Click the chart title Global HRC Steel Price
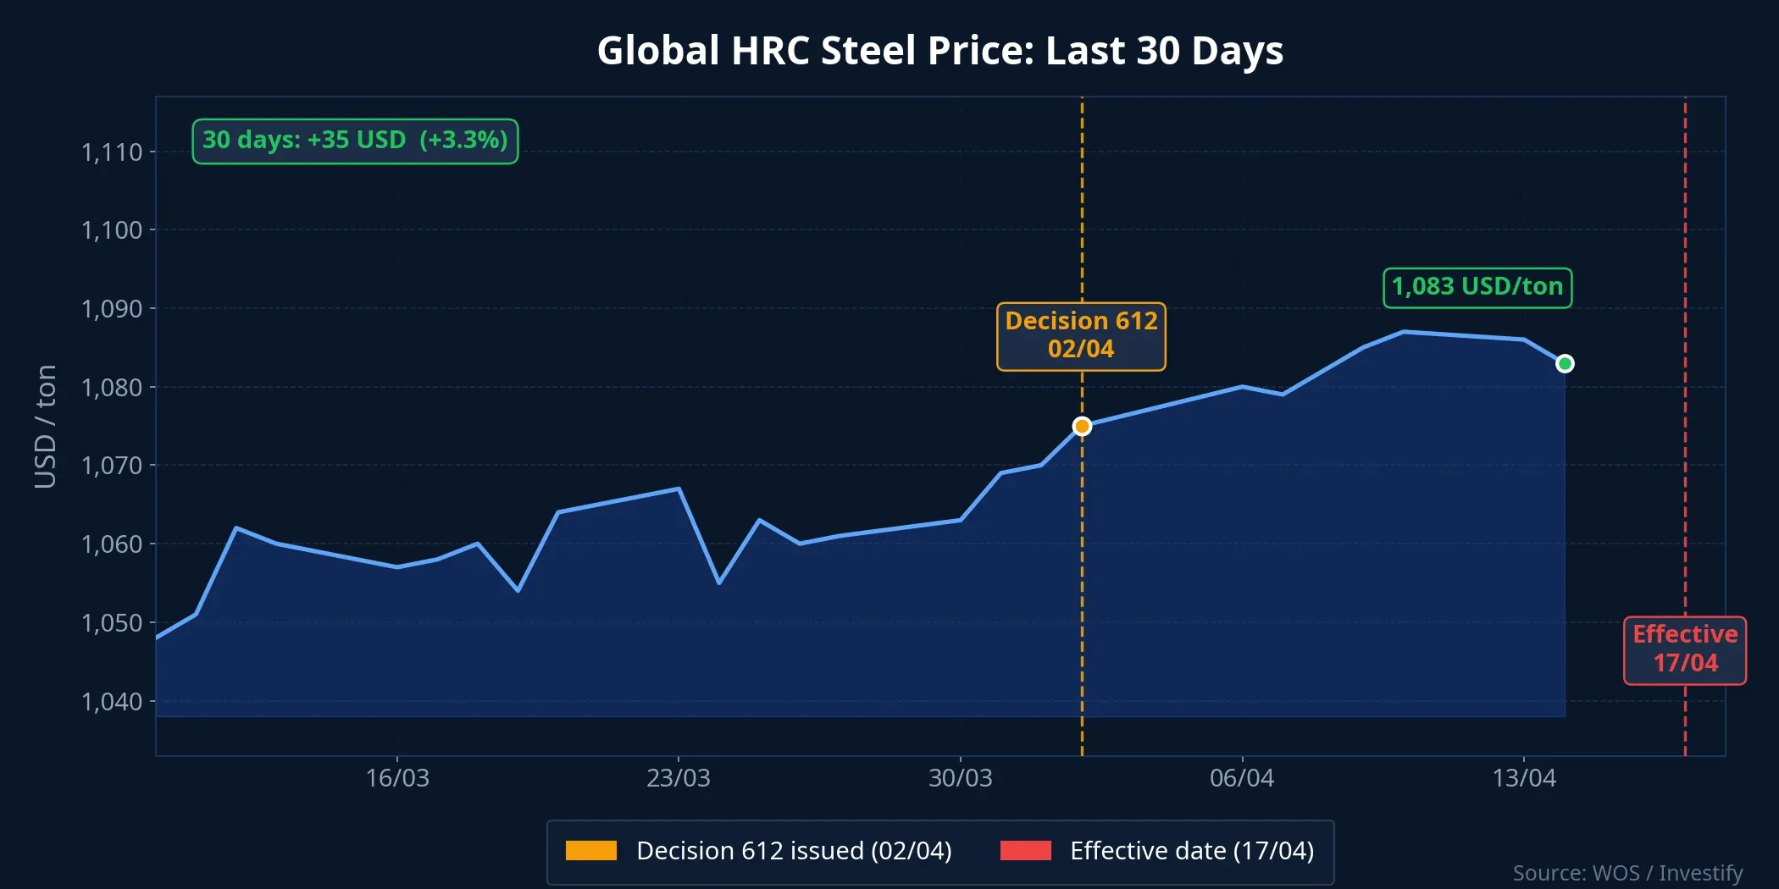939,51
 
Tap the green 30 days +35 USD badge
355,141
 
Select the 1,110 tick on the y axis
112,152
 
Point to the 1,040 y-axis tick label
112,701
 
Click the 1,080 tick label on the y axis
112,387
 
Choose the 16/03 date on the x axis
396,777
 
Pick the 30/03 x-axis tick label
960,777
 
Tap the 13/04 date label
1523,777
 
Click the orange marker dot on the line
1082,426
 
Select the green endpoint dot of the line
1565,363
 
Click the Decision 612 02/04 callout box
1081,336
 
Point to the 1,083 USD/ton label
1477,287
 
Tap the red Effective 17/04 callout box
1684,649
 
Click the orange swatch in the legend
590,850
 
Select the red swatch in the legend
1025,850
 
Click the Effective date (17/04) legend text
1191,850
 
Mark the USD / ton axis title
45,426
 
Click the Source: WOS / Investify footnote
1627,872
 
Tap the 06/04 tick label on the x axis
1241,777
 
